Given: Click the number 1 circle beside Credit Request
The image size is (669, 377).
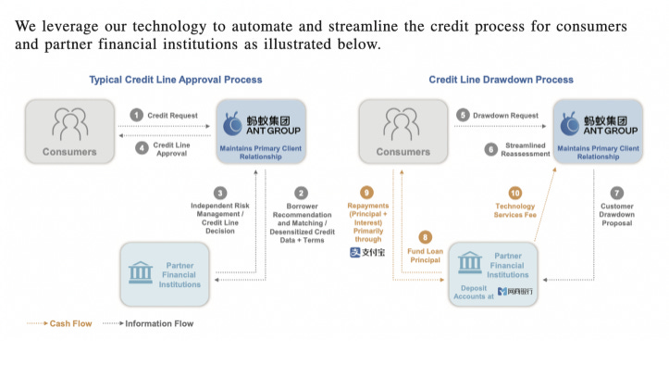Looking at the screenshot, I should (x=136, y=114).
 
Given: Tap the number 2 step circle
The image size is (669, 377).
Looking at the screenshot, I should (x=302, y=192).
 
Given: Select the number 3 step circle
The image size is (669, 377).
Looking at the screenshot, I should (x=220, y=192).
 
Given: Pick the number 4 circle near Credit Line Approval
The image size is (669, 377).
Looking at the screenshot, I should (x=142, y=147).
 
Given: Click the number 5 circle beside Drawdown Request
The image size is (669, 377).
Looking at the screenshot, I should (x=463, y=114).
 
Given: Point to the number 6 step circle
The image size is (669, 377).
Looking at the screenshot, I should (x=490, y=148).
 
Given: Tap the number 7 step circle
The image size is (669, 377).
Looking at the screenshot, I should (x=617, y=192).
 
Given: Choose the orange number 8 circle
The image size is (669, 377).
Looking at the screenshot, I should (x=426, y=236).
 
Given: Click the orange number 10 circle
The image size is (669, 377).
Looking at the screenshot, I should (x=514, y=192).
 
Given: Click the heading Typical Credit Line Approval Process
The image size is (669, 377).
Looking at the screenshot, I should (x=175, y=80).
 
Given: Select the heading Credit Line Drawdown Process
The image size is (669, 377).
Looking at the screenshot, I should (x=501, y=80).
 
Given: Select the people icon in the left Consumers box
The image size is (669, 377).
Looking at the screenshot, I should (x=69, y=124).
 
